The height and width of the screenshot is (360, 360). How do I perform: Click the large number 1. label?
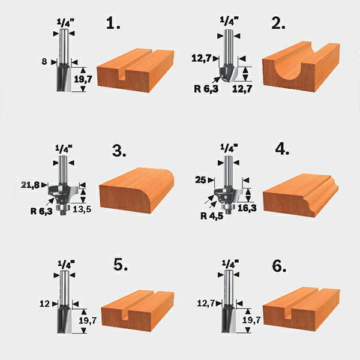click(113, 23)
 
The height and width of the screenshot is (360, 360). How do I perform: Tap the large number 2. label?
click(278, 23)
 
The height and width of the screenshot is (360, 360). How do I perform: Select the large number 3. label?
click(119, 151)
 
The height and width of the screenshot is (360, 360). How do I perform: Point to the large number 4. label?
click(282, 149)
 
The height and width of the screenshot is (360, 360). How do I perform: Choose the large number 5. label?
click(121, 265)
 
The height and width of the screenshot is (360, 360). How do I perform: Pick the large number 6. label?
click(279, 266)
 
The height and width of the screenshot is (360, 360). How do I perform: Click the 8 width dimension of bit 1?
click(44, 62)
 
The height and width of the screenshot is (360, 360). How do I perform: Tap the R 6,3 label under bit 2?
click(206, 89)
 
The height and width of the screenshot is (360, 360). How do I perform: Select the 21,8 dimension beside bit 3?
click(30, 185)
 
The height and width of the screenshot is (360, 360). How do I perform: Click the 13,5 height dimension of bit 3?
click(82, 209)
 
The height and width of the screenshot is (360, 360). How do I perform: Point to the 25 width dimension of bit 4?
click(200, 180)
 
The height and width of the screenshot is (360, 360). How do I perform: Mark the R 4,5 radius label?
click(212, 216)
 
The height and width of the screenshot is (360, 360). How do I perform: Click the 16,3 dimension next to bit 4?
click(247, 208)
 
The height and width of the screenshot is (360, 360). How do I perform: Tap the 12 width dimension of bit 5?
click(44, 304)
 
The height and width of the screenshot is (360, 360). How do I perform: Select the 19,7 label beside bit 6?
click(251, 320)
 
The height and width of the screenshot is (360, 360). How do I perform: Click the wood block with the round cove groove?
click(301, 67)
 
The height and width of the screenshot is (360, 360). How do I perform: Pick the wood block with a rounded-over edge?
click(137, 191)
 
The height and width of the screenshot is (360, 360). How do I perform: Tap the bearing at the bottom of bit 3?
click(62, 208)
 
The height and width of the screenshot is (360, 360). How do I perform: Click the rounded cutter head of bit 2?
click(227, 73)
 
